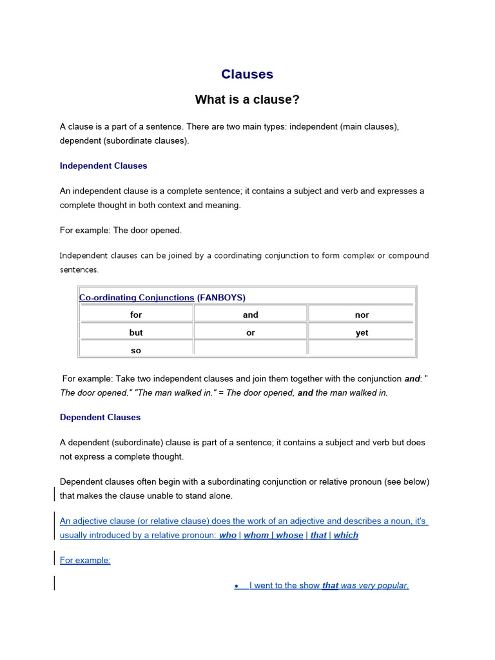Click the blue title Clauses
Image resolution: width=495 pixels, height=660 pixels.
tap(247, 74)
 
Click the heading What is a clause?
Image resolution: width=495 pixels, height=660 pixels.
tap(247, 100)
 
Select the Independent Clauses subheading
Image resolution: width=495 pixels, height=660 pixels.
tap(103, 166)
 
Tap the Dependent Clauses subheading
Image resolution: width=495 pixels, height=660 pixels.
tap(100, 417)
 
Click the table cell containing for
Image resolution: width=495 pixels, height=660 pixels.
tap(136, 315)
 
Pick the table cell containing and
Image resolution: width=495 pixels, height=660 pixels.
tap(251, 315)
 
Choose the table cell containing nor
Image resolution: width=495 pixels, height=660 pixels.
tap(362, 315)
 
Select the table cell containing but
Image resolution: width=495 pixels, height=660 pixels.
tap(136, 333)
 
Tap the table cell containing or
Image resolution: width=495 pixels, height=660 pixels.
tap(251, 333)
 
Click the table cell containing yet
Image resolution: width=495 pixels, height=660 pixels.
tap(362, 333)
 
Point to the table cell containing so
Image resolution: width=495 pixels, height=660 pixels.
tap(136, 351)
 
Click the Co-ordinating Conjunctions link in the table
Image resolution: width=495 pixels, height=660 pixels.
tap(137, 297)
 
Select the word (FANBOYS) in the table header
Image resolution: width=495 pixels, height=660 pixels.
tap(221, 297)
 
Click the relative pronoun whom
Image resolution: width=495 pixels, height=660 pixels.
tap(256, 535)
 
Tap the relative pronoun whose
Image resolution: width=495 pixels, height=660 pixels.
tap(289, 535)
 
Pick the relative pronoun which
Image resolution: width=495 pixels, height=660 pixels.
tap(345, 535)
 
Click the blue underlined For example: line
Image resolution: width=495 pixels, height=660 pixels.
tap(85, 560)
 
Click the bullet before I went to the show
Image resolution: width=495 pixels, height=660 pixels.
tap(237, 586)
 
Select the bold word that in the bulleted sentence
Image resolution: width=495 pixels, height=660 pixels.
tap(330, 585)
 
